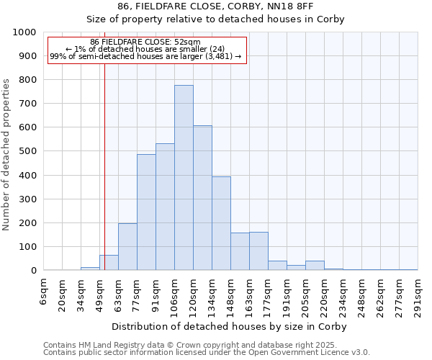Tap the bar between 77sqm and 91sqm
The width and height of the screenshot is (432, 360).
pos(146,212)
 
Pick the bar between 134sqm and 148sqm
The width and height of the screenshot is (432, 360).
pos(221,223)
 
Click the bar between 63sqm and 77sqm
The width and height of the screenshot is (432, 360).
pos(127,247)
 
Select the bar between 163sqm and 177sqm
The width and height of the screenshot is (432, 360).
pos(258,251)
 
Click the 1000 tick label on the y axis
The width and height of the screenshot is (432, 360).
pos(24,32)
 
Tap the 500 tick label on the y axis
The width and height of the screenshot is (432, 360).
pos(27,151)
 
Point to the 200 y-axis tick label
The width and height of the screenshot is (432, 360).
pos(27,223)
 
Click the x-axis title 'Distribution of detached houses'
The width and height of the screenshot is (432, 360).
pos(231,326)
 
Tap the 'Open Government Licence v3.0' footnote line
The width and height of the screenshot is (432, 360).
pos(207,352)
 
